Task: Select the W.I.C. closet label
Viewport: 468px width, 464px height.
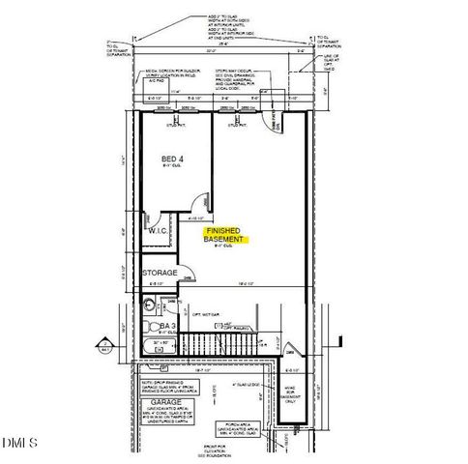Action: pyautogui.click(x=159, y=231)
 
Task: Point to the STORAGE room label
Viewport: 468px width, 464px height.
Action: pyautogui.click(x=160, y=274)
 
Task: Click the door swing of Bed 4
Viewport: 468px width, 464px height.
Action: pyautogui.click(x=201, y=203)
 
